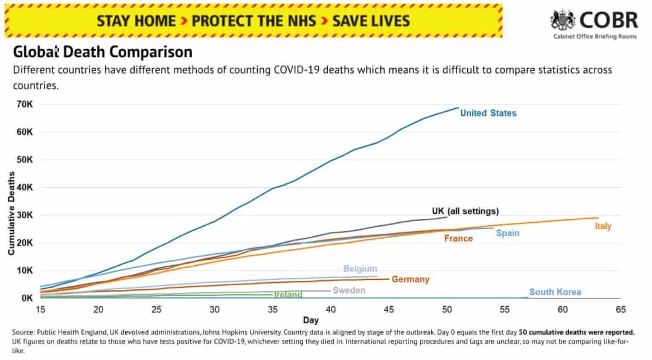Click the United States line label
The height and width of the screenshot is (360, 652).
point(488,113)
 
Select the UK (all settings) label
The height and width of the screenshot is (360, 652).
point(465,211)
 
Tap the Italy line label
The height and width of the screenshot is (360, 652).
point(602,226)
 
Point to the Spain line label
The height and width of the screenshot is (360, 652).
point(508,233)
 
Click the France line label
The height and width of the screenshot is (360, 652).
point(458,239)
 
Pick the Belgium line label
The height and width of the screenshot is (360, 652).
point(360,269)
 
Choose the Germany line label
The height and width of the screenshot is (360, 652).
point(411,279)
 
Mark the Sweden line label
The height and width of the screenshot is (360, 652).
point(349,291)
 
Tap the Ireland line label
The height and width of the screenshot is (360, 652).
point(288,295)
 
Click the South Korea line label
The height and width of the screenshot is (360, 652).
point(555,292)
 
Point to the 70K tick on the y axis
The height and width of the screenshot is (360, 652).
point(25,104)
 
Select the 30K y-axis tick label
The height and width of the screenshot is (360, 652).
point(25,215)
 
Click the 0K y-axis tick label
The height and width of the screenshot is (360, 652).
point(27,298)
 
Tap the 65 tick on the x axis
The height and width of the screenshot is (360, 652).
point(621,309)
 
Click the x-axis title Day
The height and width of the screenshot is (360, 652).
point(310,320)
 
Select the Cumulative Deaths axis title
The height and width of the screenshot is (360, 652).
point(11,213)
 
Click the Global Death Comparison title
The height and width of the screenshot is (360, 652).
point(103,52)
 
